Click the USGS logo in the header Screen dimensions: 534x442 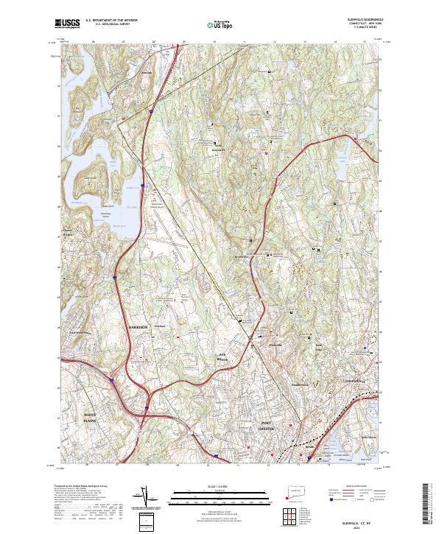[67, 24]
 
